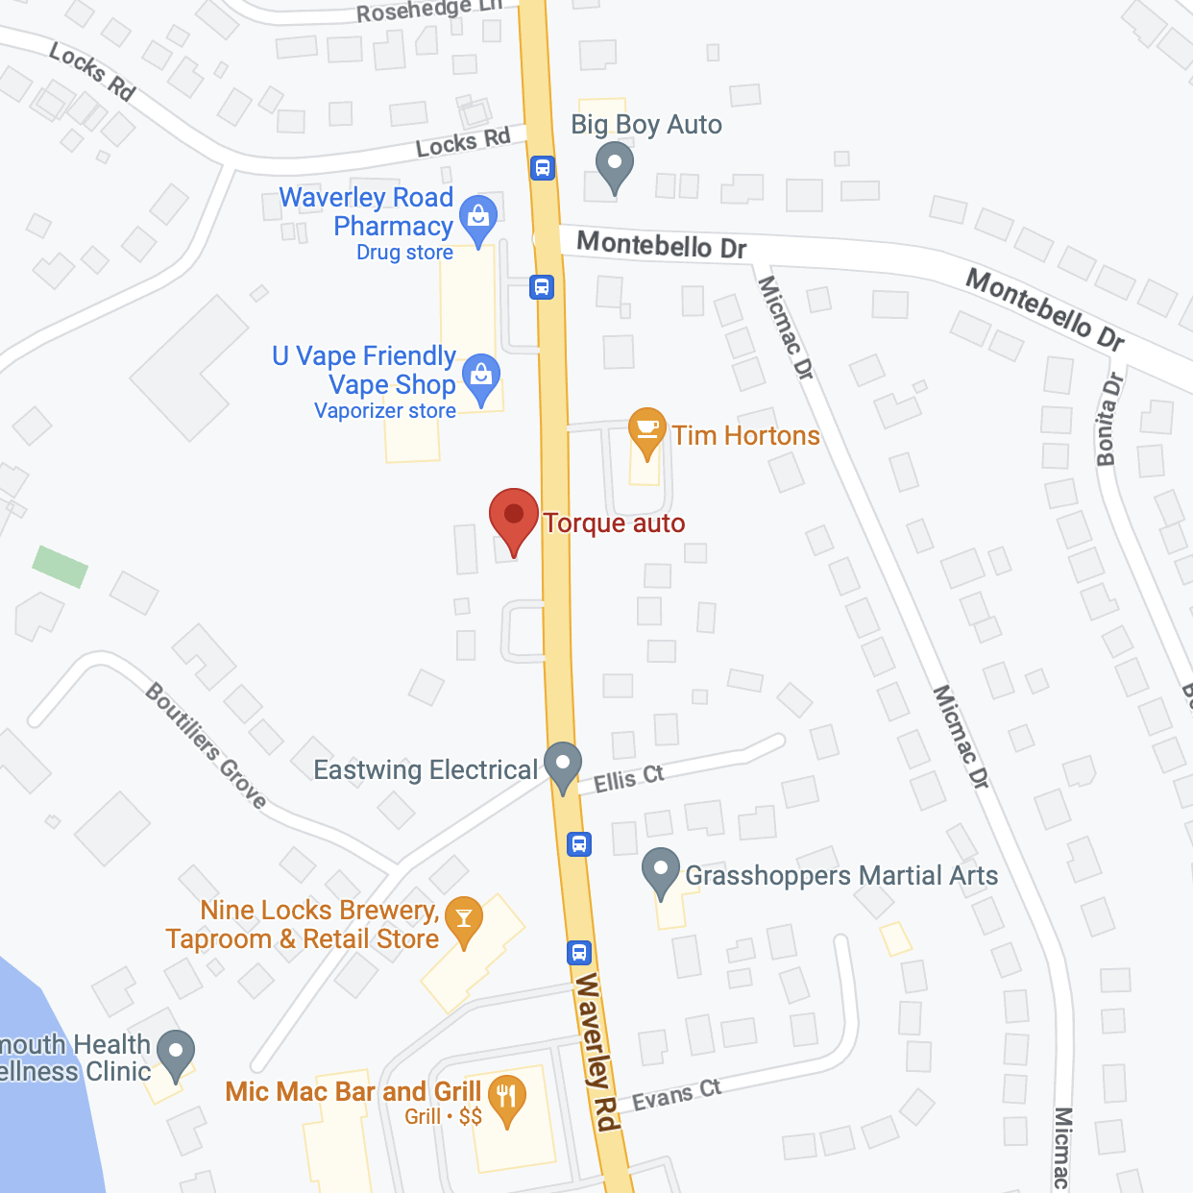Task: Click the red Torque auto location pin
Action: (x=514, y=517)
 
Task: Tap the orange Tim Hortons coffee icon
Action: (x=646, y=428)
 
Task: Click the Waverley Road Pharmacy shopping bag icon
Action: (x=477, y=218)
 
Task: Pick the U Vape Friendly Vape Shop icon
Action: (x=481, y=377)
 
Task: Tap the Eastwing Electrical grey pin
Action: (x=563, y=765)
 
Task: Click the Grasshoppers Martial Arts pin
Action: (x=661, y=870)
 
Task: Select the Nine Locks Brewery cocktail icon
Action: (x=464, y=919)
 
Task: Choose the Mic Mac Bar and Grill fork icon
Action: (x=506, y=1097)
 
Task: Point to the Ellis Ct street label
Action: (x=628, y=778)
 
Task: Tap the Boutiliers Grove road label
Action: (x=206, y=744)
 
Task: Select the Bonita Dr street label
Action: (x=1108, y=420)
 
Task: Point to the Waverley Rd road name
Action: (x=595, y=1052)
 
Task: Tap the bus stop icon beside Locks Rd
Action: (x=543, y=168)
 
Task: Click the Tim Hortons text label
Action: (x=745, y=436)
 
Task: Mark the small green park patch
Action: (x=61, y=566)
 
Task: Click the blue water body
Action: (x=43, y=1105)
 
